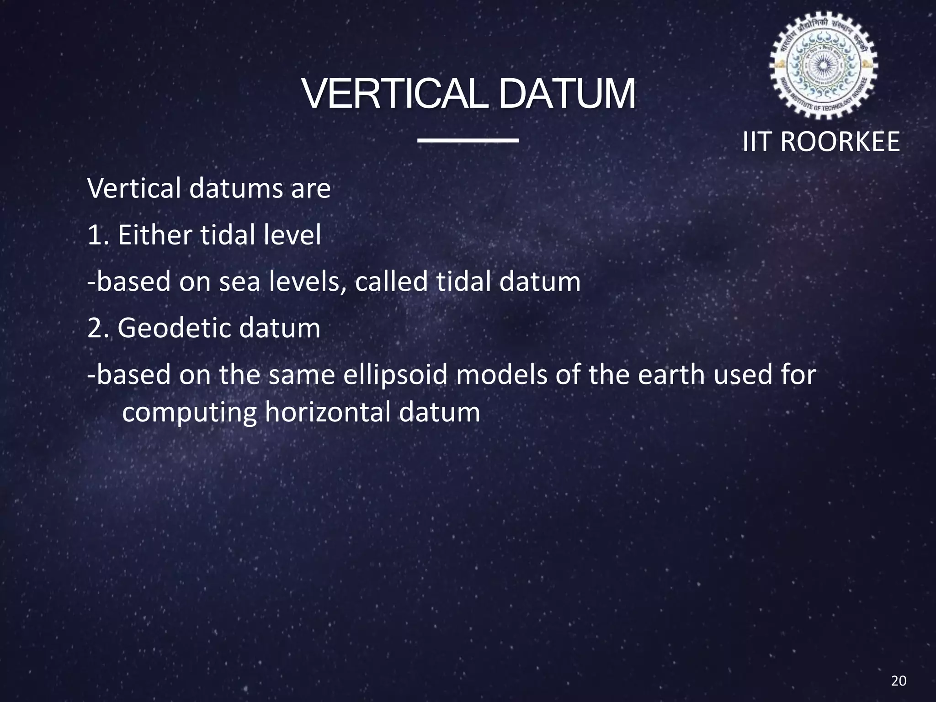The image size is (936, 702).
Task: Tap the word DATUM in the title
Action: pos(567,94)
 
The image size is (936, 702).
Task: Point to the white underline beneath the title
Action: pos(468,140)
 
